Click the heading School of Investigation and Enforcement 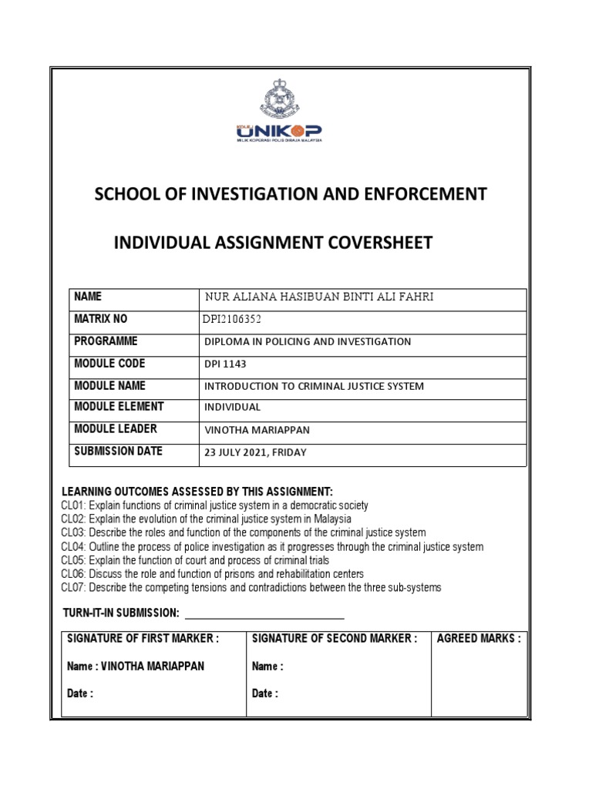coord(290,194)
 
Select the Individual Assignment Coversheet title coord(273,243)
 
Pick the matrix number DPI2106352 coord(237,320)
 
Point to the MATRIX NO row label coord(101,319)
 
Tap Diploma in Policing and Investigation coord(307,341)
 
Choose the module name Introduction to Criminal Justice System coord(313,386)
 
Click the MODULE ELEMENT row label coord(119,407)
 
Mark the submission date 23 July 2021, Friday coord(254,452)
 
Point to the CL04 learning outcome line coord(272,547)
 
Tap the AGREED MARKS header coord(478,638)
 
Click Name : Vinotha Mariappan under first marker coord(136,666)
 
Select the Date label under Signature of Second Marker coord(264,693)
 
